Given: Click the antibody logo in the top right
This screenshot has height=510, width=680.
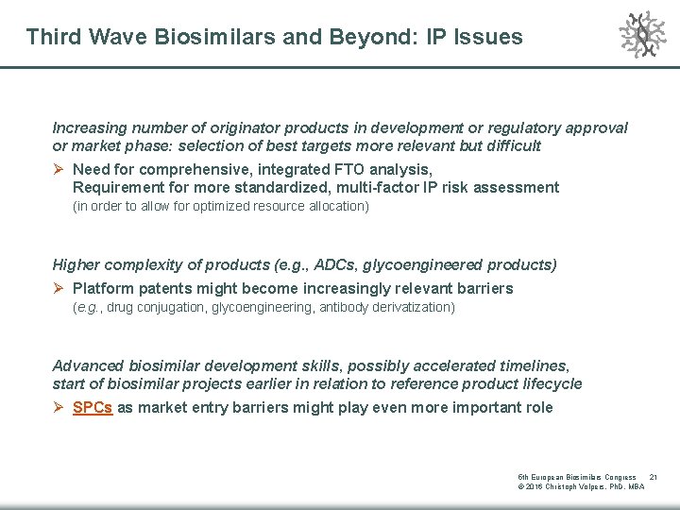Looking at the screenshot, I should (x=642, y=35).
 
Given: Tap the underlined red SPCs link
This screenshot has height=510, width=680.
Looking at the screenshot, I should (x=93, y=408).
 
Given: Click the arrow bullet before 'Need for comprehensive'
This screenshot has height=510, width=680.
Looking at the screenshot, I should (x=59, y=169).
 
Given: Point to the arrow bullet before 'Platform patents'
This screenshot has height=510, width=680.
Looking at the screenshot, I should (x=59, y=288).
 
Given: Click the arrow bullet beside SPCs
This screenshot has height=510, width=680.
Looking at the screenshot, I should (x=59, y=408).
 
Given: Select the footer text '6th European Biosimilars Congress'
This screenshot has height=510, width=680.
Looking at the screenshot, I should (x=576, y=477).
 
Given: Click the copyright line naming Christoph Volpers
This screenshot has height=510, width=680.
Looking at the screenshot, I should (x=581, y=487).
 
